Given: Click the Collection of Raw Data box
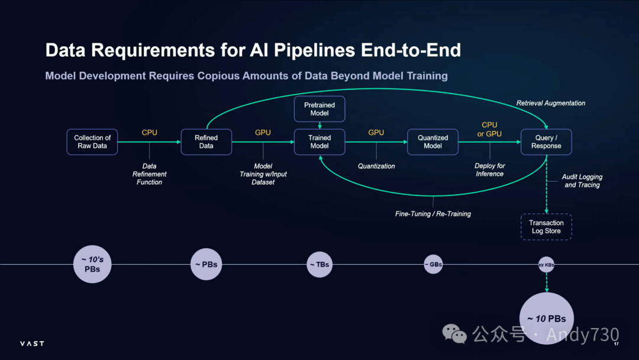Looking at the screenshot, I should (x=92, y=142).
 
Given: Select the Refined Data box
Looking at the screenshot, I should (x=206, y=142).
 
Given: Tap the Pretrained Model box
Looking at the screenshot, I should (x=319, y=109).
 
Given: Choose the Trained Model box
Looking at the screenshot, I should (x=319, y=142).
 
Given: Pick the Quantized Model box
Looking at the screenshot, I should (x=433, y=142).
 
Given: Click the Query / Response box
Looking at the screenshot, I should (x=546, y=142).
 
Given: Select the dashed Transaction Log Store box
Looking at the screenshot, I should (x=546, y=227).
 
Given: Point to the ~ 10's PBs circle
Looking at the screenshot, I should (x=92, y=264).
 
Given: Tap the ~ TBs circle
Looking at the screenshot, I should (x=319, y=265).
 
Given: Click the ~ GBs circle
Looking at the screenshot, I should (x=433, y=265).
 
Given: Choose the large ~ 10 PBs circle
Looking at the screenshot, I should (x=547, y=319).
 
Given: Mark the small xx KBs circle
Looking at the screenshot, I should (x=546, y=265).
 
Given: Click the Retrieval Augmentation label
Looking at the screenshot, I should (x=551, y=103).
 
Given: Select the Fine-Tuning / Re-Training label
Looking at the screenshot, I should (x=433, y=214).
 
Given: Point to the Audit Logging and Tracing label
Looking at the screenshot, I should (x=582, y=181).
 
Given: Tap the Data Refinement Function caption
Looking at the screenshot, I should (x=150, y=174).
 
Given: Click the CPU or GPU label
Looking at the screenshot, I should (x=489, y=129).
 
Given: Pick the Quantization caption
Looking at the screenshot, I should (x=376, y=166).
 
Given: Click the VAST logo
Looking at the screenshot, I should (x=32, y=343).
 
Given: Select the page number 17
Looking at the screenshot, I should (x=616, y=345).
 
